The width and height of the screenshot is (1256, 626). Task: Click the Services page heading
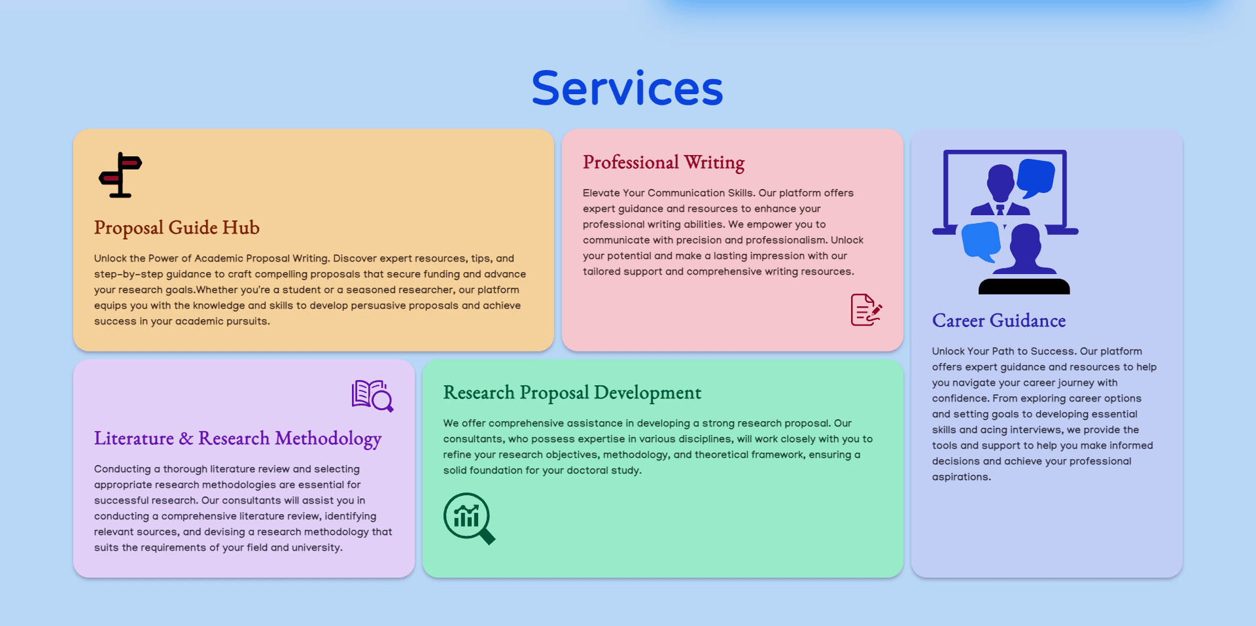coord(627,89)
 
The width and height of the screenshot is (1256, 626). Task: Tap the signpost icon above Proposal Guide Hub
coord(120,175)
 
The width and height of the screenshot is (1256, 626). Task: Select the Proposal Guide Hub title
coord(177,228)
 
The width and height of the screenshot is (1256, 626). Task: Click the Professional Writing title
coord(663,162)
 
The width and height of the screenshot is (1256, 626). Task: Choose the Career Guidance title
coord(998,321)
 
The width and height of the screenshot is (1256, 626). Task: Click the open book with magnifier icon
coord(372,396)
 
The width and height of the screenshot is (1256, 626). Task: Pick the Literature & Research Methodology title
coord(237,438)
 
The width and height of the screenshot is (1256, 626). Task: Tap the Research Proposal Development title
coord(572,392)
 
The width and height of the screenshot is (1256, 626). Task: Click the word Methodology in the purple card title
coord(328,439)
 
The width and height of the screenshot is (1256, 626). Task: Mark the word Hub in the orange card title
coord(241,228)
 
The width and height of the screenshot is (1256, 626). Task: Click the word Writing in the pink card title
coord(714,162)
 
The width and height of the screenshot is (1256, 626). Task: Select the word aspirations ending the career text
coord(960,477)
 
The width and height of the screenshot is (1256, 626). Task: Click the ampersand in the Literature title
coord(186,438)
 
